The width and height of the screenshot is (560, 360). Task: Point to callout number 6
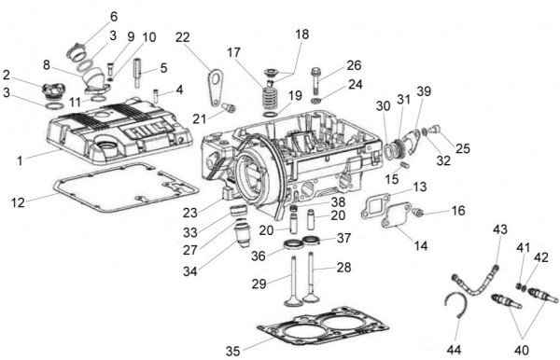click(114, 17)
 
